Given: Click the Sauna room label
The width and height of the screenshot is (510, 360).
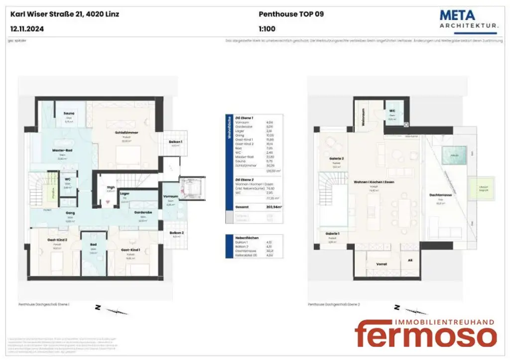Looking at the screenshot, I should pos(69,114).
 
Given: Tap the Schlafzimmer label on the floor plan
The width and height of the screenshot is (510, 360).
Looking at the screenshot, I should pos(126,133).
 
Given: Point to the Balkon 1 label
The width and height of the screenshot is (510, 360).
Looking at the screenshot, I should pos(175,142).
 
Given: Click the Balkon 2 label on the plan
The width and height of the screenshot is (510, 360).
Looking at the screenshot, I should pos(175,233).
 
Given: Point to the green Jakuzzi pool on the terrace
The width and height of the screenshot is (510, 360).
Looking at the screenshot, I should pos(455,155).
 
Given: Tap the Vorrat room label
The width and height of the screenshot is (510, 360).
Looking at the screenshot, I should pos(382,264).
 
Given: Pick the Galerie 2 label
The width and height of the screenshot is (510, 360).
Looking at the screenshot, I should pos(337,159).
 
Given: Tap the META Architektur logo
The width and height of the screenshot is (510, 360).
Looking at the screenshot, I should pos(469,19).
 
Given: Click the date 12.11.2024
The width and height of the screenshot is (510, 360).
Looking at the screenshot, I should pos(27,29).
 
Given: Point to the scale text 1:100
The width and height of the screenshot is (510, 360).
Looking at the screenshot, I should pos(267,29).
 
